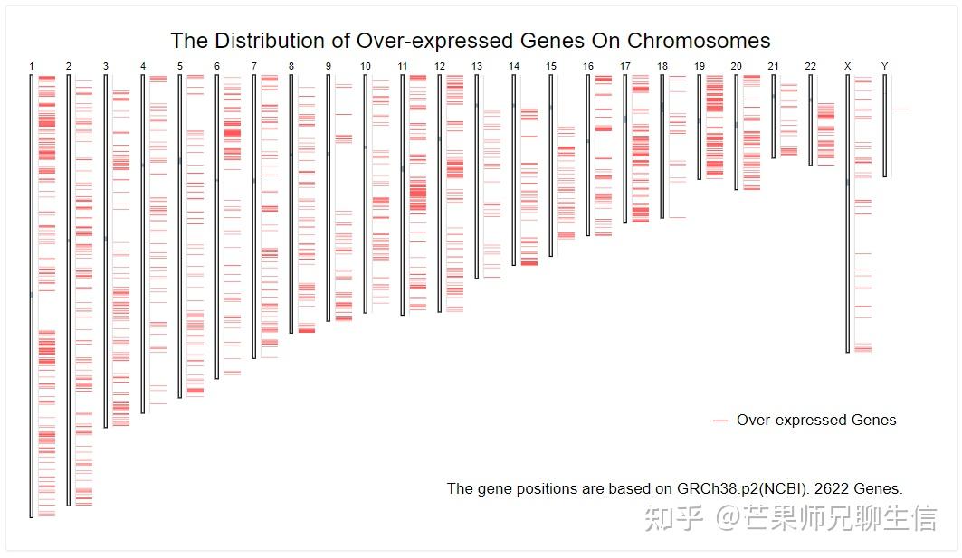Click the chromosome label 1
pos(32,66)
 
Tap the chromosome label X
pos(847,66)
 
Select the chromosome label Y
pos(884,66)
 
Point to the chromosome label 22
pos(810,66)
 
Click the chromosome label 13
pos(477,66)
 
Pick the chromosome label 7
pos(253,66)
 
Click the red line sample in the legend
pos(720,421)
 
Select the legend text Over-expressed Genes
pos(816,420)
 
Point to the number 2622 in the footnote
pos(831,488)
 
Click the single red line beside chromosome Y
pos(900,109)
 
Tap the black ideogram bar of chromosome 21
pos(774,116)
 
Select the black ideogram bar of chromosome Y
pos(885,125)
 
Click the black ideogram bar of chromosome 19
pos(699,127)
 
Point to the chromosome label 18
pos(662,66)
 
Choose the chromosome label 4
pos(142,66)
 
